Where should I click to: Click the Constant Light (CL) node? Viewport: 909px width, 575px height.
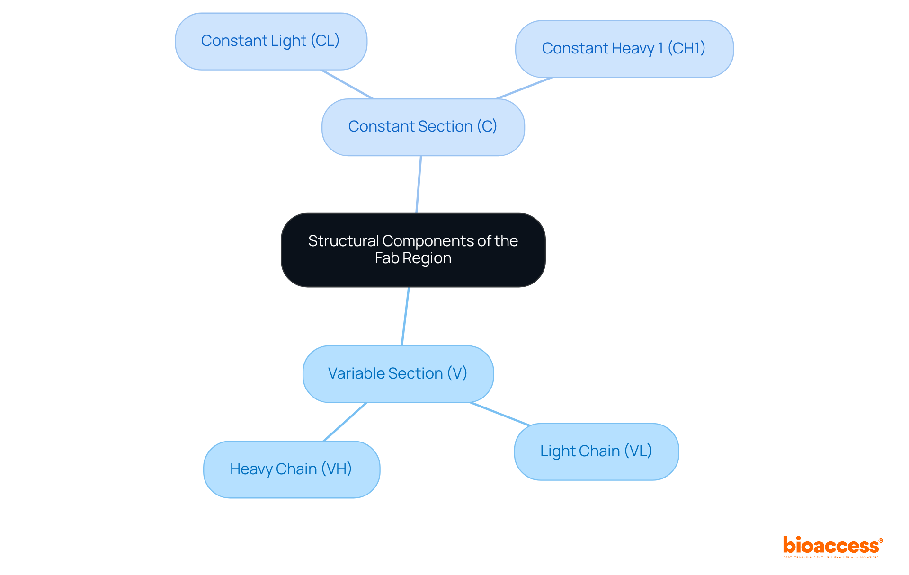(271, 42)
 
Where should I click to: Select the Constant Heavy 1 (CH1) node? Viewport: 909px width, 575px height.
(624, 49)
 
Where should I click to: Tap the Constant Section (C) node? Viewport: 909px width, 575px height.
(423, 127)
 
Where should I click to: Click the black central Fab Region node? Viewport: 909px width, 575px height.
(413, 250)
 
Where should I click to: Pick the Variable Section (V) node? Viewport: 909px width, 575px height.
(398, 374)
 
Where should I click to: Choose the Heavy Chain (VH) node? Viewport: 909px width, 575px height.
(291, 469)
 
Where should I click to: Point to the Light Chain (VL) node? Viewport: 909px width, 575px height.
(596, 451)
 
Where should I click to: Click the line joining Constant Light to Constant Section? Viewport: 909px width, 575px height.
(347, 84)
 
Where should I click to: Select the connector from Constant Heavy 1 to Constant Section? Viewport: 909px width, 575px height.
(524, 88)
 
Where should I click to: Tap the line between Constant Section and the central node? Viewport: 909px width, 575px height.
(419, 185)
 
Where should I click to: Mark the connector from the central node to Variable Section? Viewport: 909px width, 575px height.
(405, 316)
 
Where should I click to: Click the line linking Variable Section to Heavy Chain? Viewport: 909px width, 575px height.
(345, 422)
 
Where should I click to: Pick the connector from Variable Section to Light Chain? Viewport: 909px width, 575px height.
(500, 414)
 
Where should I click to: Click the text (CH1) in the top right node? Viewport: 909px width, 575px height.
(686, 48)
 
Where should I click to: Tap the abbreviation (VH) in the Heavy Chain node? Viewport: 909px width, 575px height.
(337, 469)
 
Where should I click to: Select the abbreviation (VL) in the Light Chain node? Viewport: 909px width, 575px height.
(638, 451)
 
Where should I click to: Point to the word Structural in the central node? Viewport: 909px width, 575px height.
(343, 241)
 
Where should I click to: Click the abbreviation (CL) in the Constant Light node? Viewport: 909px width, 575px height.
(325, 41)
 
